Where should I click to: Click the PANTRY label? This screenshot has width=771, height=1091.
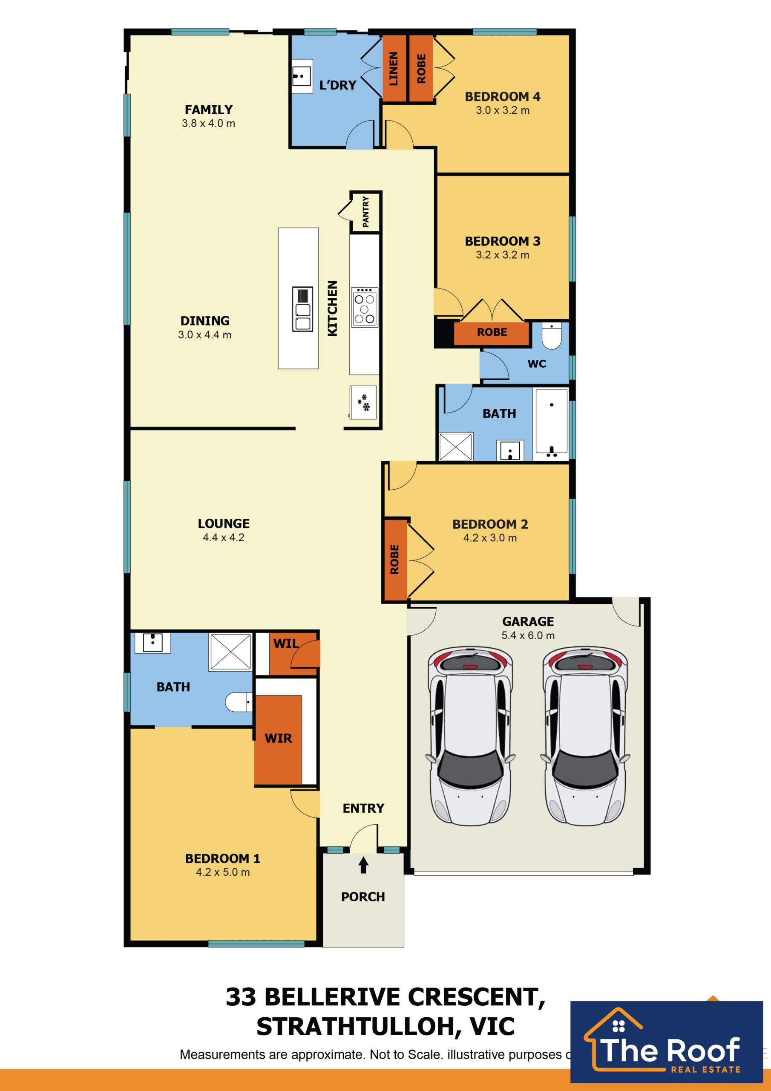(365, 212)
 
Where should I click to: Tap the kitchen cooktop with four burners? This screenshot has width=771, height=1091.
(364, 307)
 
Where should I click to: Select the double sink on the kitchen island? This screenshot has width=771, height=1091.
(302, 309)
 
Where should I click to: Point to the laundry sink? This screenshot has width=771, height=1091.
(301, 76)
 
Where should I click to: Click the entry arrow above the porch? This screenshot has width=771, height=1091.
(363, 865)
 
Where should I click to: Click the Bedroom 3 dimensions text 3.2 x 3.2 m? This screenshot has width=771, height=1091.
(503, 255)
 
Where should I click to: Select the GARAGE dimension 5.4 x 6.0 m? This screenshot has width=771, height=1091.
(528, 635)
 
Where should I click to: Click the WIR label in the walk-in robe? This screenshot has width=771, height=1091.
(279, 738)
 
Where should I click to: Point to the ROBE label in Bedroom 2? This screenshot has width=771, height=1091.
(394, 559)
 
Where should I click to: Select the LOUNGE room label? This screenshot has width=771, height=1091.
(224, 524)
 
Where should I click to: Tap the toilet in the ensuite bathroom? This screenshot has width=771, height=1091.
(239, 702)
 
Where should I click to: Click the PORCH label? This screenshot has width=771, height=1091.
(363, 897)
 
